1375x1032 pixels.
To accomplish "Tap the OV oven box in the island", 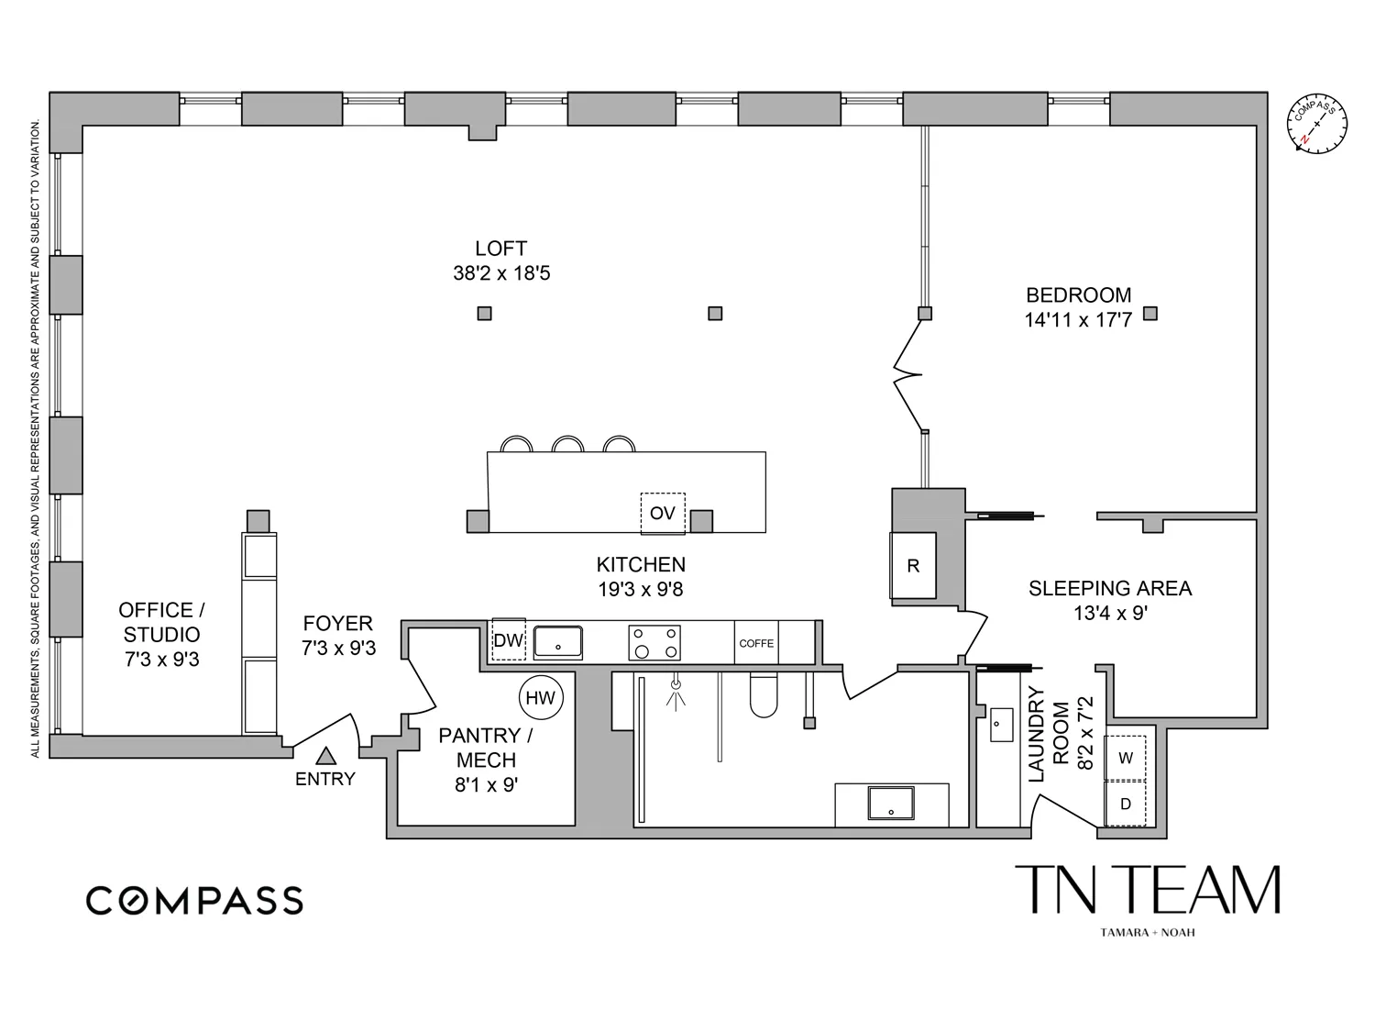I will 663,513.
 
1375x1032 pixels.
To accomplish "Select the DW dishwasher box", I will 508,640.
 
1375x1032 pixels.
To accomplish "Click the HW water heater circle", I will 541,698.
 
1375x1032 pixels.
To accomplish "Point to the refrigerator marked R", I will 913,566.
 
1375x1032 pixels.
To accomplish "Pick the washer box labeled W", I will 1126,758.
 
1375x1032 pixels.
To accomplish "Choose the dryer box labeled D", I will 1126,804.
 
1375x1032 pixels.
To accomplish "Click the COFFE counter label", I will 756,643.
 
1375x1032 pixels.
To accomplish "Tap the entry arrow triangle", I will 325,757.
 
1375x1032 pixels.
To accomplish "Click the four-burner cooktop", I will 654,642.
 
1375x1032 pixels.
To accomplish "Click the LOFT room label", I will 500,249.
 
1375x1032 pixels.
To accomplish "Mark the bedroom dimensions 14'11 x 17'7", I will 1078,320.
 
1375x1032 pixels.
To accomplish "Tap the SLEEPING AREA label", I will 1110,589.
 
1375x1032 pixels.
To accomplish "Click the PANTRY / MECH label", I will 486,748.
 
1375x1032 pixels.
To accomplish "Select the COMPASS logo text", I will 194,901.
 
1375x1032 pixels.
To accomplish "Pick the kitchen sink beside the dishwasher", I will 558,642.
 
